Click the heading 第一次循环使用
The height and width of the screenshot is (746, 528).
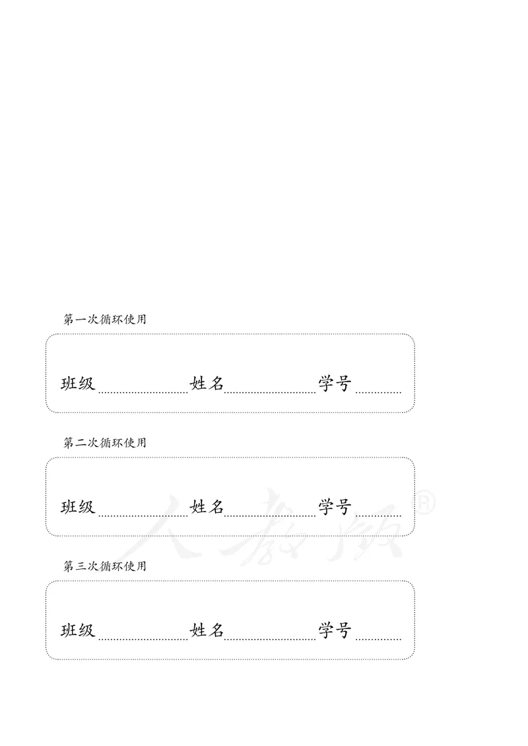click(104, 320)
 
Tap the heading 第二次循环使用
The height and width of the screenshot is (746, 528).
click(104, 443)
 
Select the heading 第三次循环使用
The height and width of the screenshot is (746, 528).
click(104, 566)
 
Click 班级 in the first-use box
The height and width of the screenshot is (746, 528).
click(79, 384)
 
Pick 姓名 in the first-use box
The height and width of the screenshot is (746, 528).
click(207, 384)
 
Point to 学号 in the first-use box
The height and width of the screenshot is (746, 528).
click(335, 384)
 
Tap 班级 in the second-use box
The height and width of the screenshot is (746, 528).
click(79, 507)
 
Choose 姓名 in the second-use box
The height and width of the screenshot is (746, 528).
click(207, 507)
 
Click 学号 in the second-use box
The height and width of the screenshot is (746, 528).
click(335, 507)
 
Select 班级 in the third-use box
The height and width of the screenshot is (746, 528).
click(79, 630)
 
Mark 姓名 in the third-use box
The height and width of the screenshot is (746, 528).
click(207, 630)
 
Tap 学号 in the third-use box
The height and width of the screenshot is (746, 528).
click(335, 630)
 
